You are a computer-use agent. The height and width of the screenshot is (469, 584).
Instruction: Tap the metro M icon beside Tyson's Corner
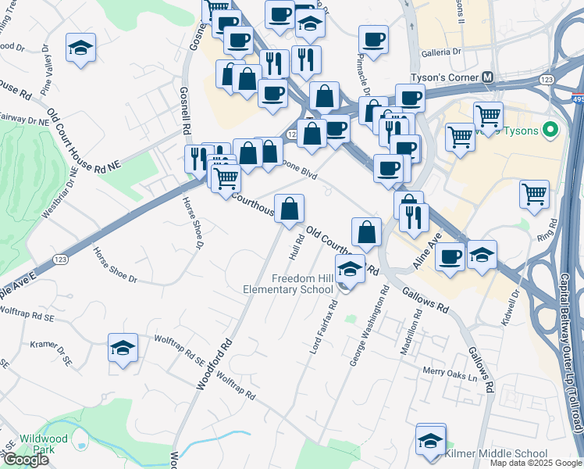(488, 78)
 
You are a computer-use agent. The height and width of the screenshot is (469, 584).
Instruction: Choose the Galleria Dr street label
(443, 52)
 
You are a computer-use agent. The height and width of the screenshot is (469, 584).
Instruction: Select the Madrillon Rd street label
(411, 332)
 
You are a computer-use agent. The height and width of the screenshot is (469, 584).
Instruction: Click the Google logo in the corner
(25, 460)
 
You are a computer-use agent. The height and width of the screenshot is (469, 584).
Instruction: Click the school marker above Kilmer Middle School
(430, 441)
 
